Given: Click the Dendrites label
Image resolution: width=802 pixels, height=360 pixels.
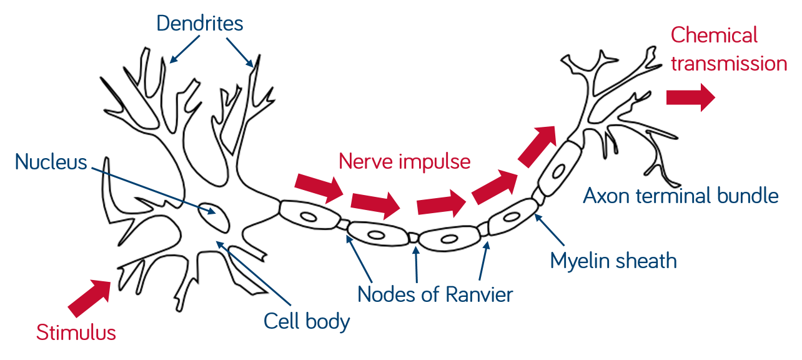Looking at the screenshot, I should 199,24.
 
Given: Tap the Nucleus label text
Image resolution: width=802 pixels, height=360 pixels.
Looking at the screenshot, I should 51,162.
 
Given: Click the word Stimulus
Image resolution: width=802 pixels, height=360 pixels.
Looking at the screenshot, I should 76,332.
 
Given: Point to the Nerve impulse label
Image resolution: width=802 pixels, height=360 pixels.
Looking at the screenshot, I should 404,161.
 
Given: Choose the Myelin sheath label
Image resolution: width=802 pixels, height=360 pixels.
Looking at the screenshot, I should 613,260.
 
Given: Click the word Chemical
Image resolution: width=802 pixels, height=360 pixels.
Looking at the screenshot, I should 714,35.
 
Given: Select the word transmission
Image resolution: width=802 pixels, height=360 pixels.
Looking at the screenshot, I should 729,63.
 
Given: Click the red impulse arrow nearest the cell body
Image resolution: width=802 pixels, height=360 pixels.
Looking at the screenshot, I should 319,186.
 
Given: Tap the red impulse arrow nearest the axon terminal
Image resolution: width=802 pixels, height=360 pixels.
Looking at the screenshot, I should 537,146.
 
